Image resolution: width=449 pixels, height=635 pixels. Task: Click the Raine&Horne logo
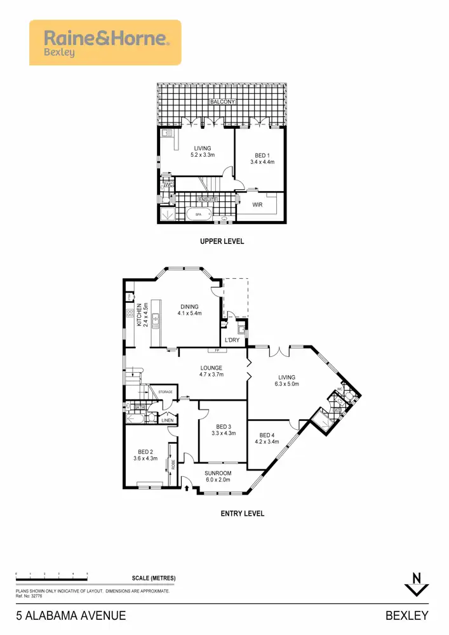(x=105, y=43)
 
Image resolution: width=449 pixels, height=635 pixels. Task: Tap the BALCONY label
(x=222, y=102)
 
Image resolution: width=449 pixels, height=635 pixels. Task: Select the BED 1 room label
(x=260, y=155)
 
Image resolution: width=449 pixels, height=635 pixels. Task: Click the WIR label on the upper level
(x=257, y=205)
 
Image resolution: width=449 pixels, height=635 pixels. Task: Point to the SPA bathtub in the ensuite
(x=198, y=215)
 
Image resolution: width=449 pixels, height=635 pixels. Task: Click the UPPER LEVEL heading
(x=222, y=241)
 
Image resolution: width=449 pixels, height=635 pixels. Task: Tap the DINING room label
(x=189, y=306)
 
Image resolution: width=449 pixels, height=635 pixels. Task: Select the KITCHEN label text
(x=139, y=315)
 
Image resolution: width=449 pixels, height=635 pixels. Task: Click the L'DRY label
(x=233, y=340)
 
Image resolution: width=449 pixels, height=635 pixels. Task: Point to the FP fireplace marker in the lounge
(x=217, y=350)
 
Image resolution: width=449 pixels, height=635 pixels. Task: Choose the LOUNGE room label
(x=211, y=368)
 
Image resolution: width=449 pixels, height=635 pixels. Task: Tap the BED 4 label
(x=267, y=435)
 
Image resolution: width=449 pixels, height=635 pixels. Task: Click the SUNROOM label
(x=218, y=473)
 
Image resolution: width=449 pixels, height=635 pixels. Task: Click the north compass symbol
(x=417, y=584)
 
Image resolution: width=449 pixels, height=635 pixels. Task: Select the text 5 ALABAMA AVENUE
(x=70, y=615)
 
